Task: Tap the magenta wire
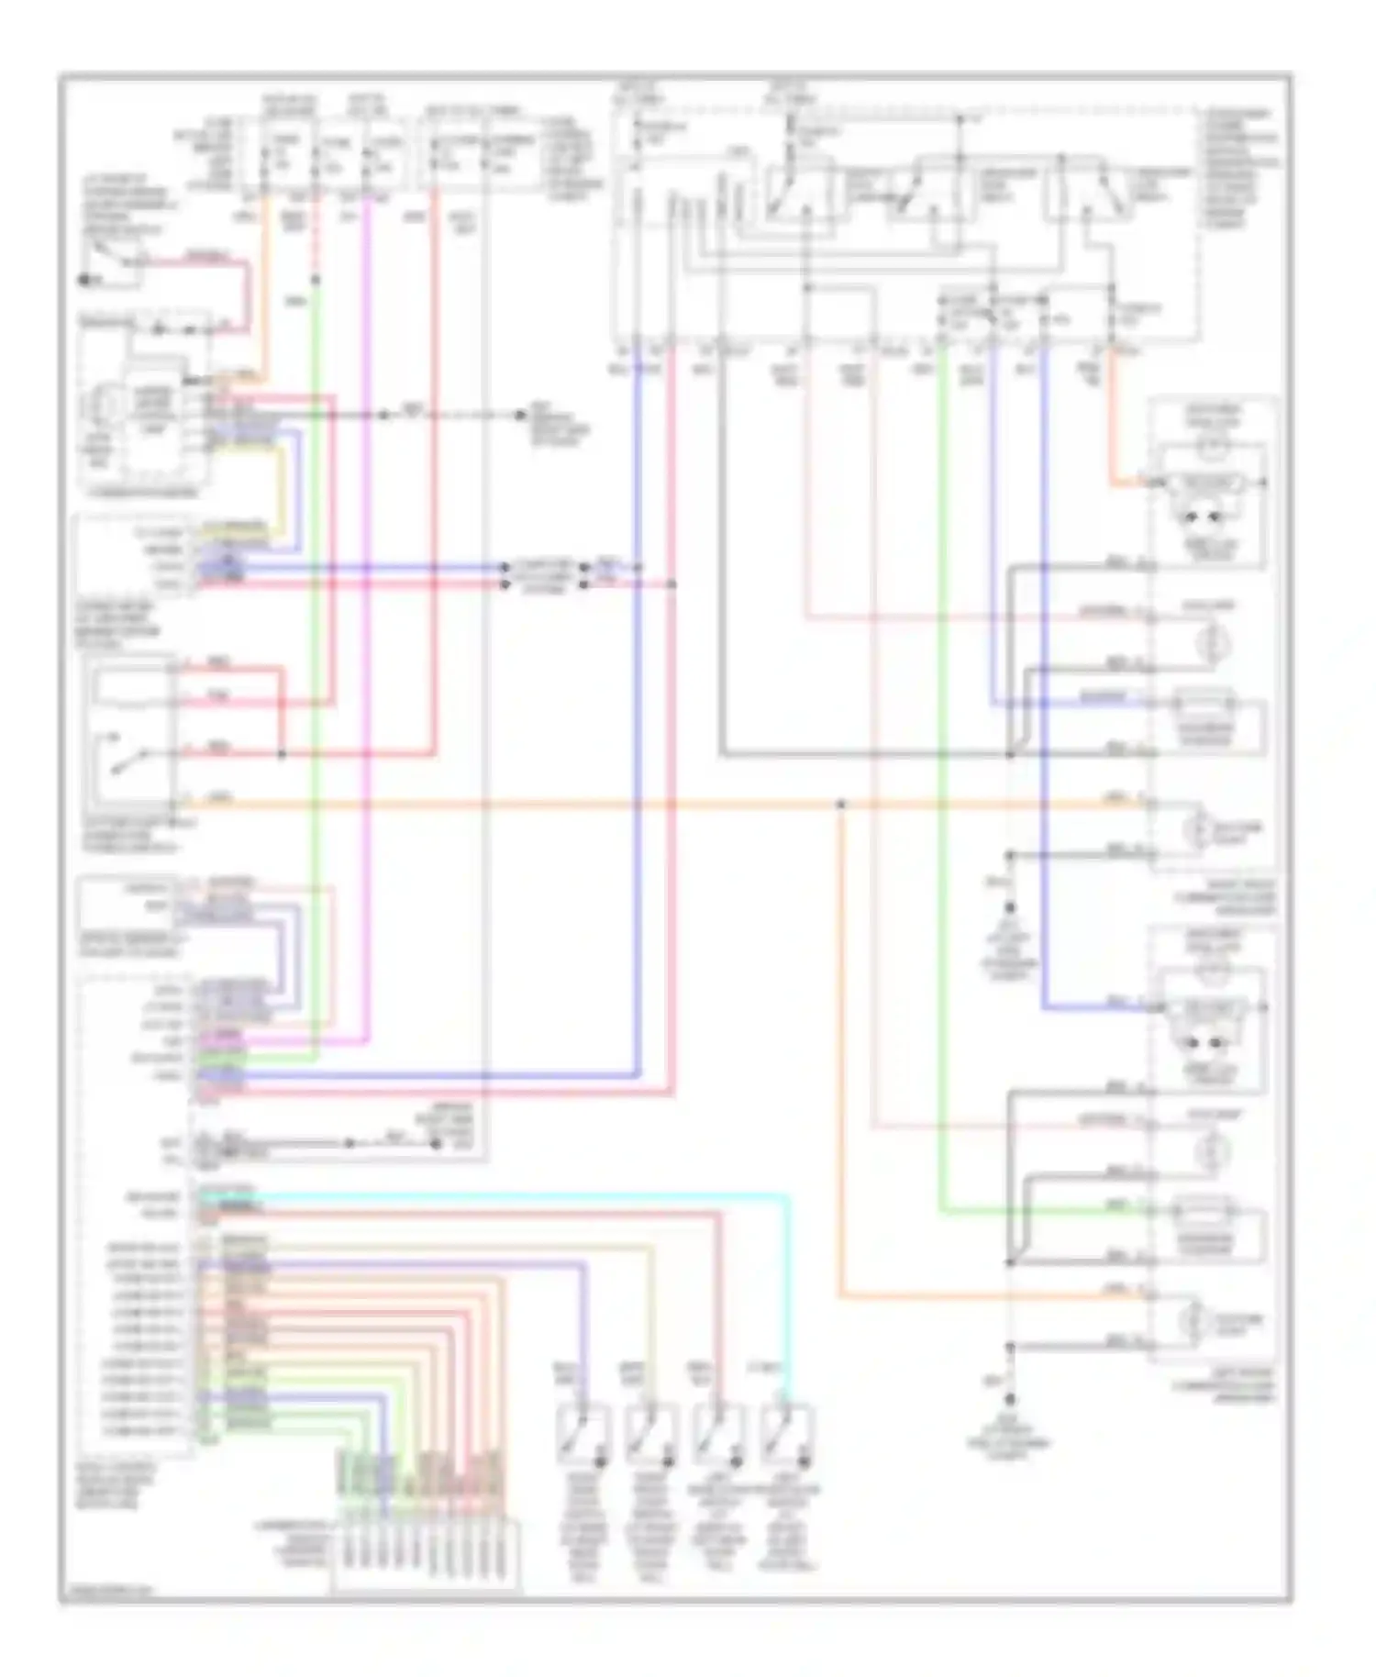tap(367, 642)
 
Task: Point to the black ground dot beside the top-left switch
tap(83, 279)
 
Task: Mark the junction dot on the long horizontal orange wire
tap(840, 805)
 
